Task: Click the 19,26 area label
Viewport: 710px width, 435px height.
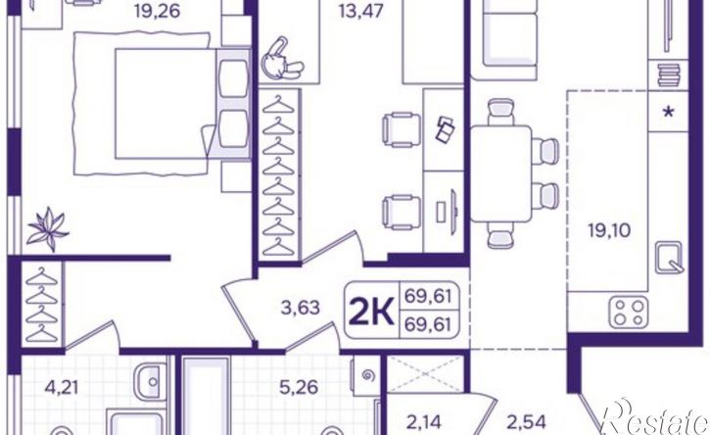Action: pyautogui.click(x=158, y=11)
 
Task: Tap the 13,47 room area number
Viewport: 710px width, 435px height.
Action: pyautogui.click(x=361, y=11)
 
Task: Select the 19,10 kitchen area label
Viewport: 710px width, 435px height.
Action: pyautogui.click(x=609, y=230)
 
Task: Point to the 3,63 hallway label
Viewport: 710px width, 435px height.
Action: pyautogui.click(x=301, y=308)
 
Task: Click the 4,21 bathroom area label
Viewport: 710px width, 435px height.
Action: pyautogui.click(x=62, y=387)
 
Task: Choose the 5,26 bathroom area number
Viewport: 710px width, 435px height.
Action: pyautogui.click(x=299, y=387)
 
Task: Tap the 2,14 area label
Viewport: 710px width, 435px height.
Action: pyautogui.click(x=423, y=422)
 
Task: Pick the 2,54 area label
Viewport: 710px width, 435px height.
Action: pyautogui.click(x=526, y=422)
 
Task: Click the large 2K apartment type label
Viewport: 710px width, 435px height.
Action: pyautogui.click(x=371, y=310)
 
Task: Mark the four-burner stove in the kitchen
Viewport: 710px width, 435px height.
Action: pyautogui.click(x=629, y=313)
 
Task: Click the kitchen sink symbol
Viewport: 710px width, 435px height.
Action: pyautogui.click(x=669, y=257)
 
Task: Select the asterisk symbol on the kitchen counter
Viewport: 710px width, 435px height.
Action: pyautogui.click(x=668, y=112)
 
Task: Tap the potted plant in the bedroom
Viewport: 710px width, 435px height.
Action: pyautogui.click(x=47, y=229)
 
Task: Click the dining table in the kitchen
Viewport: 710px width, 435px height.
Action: pyautogui.click(x=500, y=174)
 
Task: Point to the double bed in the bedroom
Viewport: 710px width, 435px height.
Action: pyautogui.click(x=182, y=104)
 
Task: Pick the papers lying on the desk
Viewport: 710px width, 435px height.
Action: pyautogui.click(x=446, y=128)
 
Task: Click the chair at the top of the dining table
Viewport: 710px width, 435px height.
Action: pyautogui.click(x=500, y=112)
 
